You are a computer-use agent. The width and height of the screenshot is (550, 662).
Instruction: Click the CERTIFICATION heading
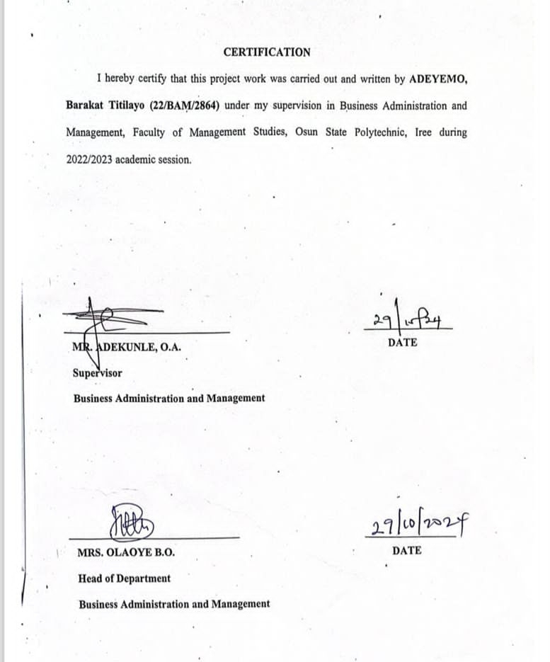[267, 52]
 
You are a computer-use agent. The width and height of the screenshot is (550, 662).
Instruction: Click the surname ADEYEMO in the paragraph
[439, 79]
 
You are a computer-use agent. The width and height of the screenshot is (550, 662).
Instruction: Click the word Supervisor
[97, 373]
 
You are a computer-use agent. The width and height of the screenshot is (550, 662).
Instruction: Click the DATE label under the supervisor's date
[403, 343]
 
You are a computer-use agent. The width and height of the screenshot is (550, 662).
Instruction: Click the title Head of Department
[125, 578]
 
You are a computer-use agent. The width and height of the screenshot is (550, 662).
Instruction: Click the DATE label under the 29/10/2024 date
[406, 550]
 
